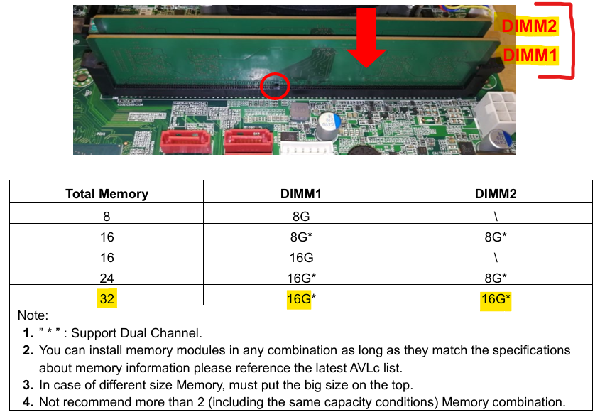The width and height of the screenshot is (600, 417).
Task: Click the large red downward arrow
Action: pyautogui.click(x=366, y=38)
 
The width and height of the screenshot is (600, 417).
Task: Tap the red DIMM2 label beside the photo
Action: pyautogui.click(x=529, y=26)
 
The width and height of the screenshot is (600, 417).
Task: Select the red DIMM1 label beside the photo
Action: pyautogui.click(x=530, y=55)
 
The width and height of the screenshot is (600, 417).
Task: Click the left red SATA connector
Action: pyautogui.click(x=185, y=142)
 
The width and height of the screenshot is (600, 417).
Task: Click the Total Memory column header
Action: pyautogui.click(x=107, y=194)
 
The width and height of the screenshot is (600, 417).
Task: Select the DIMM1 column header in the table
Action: pyautogui.click(x=301, y=194)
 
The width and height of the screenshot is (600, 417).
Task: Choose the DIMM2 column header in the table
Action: pyautogui.click(x=496, y=194)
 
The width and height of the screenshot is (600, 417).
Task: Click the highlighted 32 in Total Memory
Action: pyautogui.click(x=107, y=298)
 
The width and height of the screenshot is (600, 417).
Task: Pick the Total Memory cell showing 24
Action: pyautogui.click(x=107, y=278)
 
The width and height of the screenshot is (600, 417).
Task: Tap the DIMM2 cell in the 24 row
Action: pyautogui.click(x=496, y=278)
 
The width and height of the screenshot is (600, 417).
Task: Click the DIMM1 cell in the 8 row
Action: pyautogui.click(x=301, y=217)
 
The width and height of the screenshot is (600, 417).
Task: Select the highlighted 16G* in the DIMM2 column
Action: pyautogui.click(x=496, y=298)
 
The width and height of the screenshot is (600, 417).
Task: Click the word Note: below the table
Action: pyautogui.click(x=33, y=315)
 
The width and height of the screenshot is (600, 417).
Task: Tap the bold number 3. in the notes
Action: pyautogui.click(x=28, y=385)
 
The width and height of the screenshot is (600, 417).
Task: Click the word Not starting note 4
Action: pyautogui.click(x=49, y=403)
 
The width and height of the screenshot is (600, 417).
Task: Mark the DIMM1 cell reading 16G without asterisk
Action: pyautogui.click(x=301, y=257)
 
